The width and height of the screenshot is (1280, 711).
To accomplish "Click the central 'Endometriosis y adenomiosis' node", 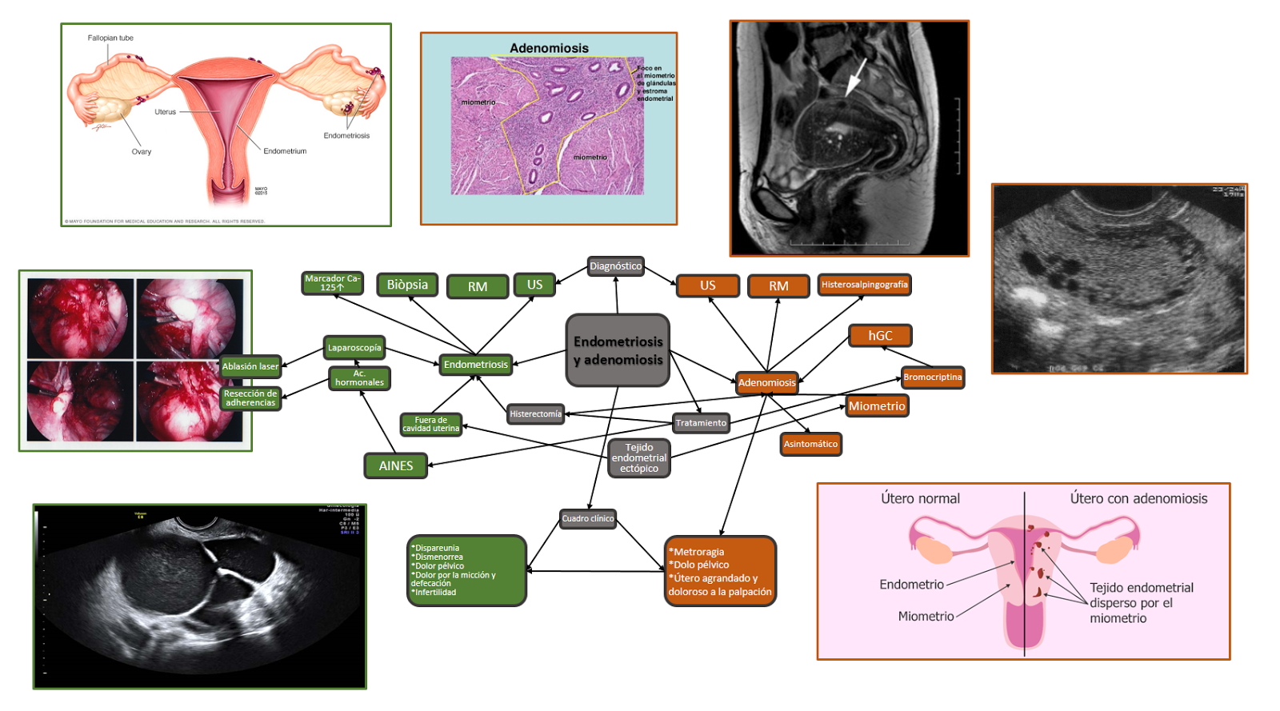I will point(618,350).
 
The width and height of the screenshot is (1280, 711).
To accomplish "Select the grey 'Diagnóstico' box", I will point(615,266).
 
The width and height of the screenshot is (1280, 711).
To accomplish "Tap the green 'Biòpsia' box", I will point(407,285).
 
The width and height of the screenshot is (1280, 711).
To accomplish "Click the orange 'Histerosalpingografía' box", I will point(864,285).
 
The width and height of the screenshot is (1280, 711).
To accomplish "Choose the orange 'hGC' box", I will point(880,336).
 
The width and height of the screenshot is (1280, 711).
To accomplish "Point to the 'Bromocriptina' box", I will point(932,377).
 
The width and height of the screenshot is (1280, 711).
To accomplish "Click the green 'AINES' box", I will point(396,465).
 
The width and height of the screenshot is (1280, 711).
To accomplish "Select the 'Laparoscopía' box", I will point(354,348).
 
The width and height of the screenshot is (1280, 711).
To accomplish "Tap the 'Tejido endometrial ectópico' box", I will point(638,458).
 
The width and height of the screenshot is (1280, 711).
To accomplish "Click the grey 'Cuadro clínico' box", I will point(587,518).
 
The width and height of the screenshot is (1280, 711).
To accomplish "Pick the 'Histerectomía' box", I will point(535,414).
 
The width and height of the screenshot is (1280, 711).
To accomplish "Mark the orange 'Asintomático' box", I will point(810,444).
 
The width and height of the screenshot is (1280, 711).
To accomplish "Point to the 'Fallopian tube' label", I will point(110,38).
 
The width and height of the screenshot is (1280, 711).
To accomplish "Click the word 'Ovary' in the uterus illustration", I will point(141,152).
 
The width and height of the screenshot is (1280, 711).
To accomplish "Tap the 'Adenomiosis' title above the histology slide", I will point(549,48).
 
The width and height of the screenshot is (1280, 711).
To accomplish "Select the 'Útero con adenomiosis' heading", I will point(1138,499).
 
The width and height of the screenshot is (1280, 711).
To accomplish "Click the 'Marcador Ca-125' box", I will point(331,283).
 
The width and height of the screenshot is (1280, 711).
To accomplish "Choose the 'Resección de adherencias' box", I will point(250,398).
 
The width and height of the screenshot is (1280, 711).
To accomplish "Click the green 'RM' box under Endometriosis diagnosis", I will point(478,287).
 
